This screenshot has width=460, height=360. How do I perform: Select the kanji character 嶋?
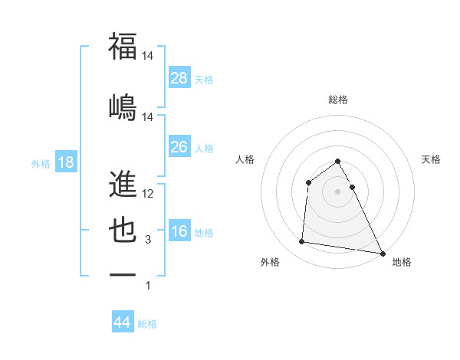123,106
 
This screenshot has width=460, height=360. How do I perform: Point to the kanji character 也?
123,230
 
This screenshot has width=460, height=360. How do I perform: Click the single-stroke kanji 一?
123,273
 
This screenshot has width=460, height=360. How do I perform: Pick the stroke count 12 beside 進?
149,194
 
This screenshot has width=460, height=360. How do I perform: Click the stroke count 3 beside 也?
148,240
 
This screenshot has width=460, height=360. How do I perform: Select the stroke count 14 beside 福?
148,56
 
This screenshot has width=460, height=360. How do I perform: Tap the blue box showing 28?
179,77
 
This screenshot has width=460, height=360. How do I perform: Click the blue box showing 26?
179,146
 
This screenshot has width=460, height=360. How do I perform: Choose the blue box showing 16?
179,231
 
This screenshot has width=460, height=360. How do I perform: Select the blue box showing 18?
65,162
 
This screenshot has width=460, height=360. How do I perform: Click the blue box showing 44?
123,322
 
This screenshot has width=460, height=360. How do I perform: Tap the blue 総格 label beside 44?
147,324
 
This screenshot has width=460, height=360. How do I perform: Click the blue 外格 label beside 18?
41,163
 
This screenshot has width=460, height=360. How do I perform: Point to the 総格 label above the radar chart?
338,100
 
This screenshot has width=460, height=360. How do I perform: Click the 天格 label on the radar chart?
432,159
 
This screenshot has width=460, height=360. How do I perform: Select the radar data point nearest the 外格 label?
302,242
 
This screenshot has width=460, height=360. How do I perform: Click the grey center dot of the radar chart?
338,191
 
